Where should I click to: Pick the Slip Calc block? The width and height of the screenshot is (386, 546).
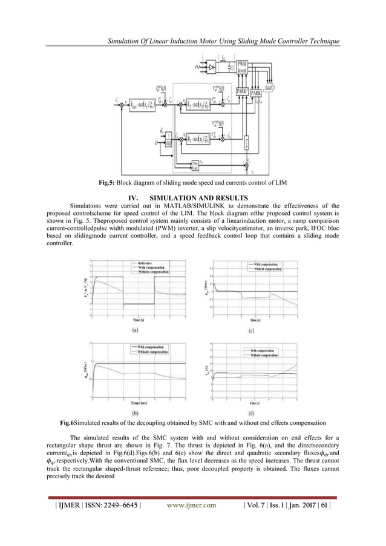[195, 163]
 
